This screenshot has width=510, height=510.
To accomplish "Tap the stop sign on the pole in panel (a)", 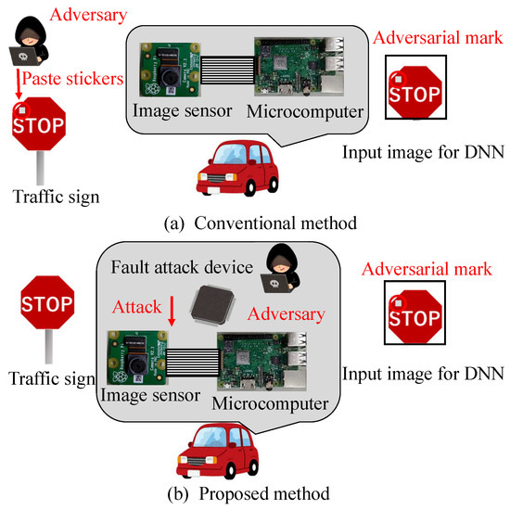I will pyautogui.click(x=38, y=124).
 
